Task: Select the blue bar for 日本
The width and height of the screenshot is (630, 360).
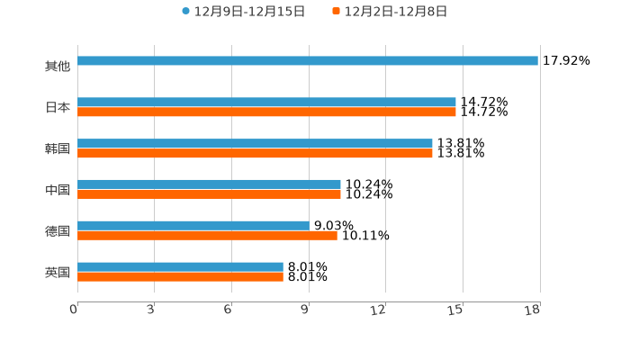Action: [266, 103]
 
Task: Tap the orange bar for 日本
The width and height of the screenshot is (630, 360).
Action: [266, 112]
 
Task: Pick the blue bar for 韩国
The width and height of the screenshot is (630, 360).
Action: [255, 144]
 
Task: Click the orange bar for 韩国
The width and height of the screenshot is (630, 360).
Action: [255, 154]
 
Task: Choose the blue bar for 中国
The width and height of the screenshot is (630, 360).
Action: [209, 184]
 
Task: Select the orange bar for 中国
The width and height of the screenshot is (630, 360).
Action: [209, 194]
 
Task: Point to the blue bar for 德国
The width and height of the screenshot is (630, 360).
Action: [193, 226]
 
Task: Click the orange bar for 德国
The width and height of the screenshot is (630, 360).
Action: [207, 236]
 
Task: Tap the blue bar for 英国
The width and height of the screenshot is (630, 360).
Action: [180, 267]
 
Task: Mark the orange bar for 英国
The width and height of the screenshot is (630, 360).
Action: [180, 277]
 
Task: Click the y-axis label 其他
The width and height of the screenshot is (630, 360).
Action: [58, 67]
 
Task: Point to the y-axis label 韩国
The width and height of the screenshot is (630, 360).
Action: [58, 148]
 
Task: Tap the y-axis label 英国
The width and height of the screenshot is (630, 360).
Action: [58, 272]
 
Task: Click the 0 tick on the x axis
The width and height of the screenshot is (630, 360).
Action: [74, 310]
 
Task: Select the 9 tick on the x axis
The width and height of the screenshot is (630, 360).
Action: [304, 310]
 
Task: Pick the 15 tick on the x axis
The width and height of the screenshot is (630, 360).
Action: [456, 310]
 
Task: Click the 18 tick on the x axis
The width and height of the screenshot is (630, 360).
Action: [533, 310]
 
